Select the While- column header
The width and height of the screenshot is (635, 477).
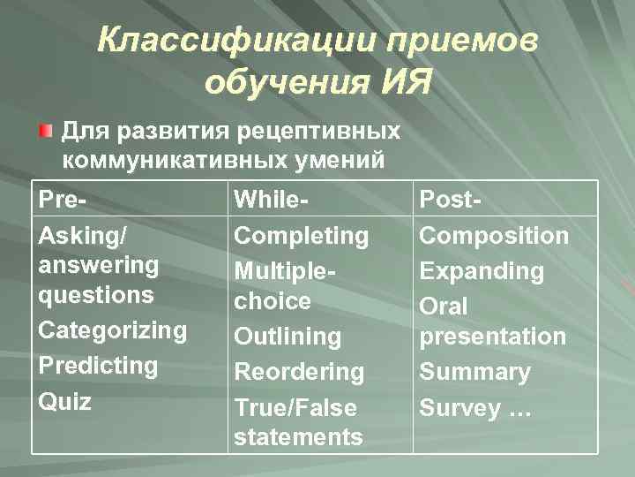click(x=271, y=200)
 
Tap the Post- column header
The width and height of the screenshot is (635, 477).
click(x=451, y=200)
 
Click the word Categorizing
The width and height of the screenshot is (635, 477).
click(x=113, y=330)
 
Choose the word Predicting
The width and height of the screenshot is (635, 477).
click(x=98, y=366)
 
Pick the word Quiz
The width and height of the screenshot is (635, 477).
click(x=64, y=402)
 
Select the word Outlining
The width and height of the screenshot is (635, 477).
click(x=287, y=337)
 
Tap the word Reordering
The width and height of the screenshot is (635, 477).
click(x=298, y=372)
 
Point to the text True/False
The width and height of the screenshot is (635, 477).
click(x=295, y=407)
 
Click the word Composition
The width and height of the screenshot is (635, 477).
click(x=494, y=236)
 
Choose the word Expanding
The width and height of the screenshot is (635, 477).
click(x=482, y=271)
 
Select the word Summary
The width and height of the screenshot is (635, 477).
click(x=474, y=372)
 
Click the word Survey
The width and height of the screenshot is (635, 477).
click(x=459, y=407)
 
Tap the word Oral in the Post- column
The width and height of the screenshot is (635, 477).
click(x=444, y=307)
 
